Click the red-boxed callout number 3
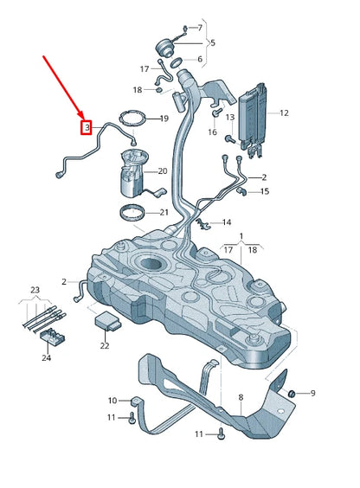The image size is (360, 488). pyautogui.click(x=87, y=128)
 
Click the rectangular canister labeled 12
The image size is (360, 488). pyautogui.click(x=255, y=117)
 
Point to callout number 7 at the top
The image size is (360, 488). pyautogui.click(x=200, y=29)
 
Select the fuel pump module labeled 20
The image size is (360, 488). pyautogui.click(x=137, y=173)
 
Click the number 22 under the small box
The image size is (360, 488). pyautogui.click(x=105, y=346)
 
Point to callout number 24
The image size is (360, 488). pyautogui.click(x=47, y=357)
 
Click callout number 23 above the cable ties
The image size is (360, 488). pyautogui.click(x=35, y=290)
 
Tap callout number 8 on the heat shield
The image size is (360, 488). pyautogui.click(x=242, y=398)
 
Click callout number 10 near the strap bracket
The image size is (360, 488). pyautogui.click(x=112, y=401)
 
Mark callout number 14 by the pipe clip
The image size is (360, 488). pyautogui.click(x=227, y=222)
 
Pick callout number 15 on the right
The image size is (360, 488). pyautogui.click(x=264, y=191)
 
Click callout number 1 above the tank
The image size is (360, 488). pyautogui.click(x=242, y=235)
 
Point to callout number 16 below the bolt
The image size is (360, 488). pyautogui.click(x=212, y=132)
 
